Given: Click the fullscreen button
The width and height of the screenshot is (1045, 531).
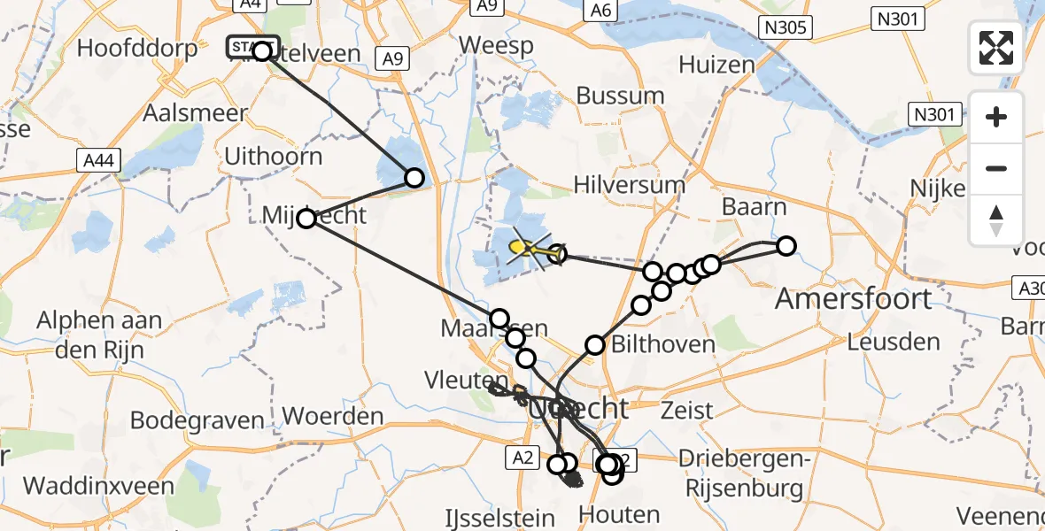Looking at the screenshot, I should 996,47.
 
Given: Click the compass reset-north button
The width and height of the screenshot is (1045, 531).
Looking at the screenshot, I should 996,220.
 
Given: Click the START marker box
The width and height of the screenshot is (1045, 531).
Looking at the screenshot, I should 252,46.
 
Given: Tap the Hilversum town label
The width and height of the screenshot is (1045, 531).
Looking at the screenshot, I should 629,186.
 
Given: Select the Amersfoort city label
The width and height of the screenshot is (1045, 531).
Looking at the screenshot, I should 853,299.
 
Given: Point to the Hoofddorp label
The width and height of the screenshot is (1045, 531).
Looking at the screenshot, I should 137,48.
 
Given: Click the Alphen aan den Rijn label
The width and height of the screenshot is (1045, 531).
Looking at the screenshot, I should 99,333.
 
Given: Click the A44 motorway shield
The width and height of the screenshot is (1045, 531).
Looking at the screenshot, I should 98,160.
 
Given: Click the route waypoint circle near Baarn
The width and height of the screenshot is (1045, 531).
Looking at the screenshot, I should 786,246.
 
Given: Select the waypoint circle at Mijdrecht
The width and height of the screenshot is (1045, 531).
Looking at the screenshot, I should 306,218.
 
